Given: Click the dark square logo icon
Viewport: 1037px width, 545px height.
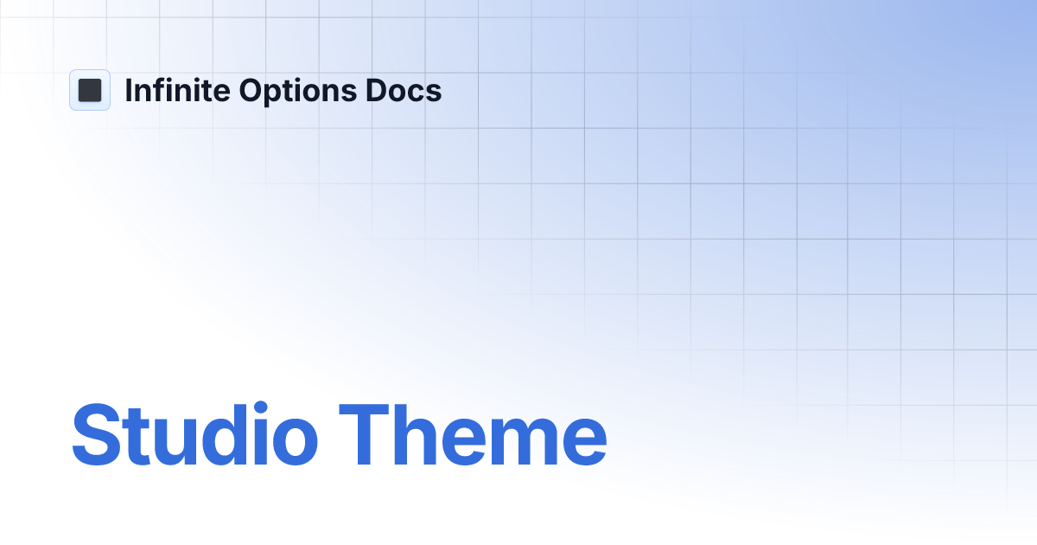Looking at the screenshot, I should coord(90,90).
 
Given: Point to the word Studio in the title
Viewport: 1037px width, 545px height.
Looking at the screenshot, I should coord(194,436).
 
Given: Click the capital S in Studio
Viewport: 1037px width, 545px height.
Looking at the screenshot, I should coord(97,436).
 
